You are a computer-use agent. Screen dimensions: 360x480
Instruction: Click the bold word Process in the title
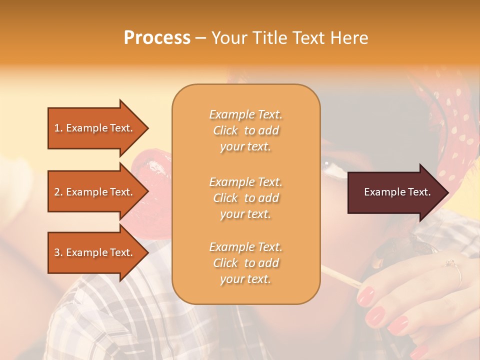tap(157, 38)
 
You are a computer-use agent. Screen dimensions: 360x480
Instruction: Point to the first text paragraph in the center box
tap(245, 130)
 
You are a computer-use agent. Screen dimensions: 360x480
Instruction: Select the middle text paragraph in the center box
tap(245, 198)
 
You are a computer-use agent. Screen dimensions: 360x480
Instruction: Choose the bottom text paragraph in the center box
tap(245, 263)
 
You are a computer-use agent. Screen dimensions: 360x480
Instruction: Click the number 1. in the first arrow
tap(58, 128)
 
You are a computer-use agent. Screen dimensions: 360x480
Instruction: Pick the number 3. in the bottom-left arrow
tap(58, 252)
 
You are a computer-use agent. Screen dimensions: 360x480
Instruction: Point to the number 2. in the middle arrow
tap(58, 192)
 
